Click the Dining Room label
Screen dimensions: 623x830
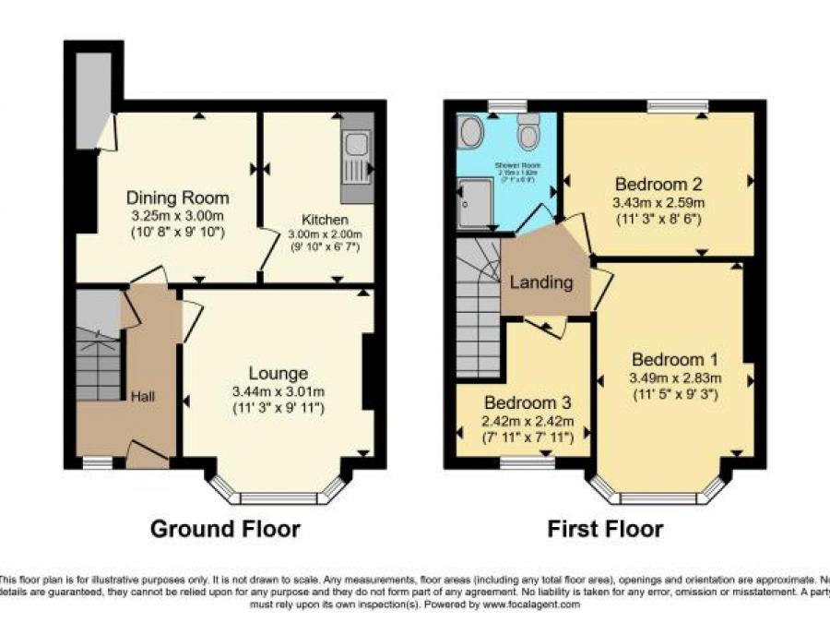click(x=177, y=198)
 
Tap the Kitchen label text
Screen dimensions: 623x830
click(x=324, y=220)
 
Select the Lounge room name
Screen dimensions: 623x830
click(x=278, y=374)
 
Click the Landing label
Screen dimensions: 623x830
click(x=541, y=282)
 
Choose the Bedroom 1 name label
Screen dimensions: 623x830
click(x=675, y=359)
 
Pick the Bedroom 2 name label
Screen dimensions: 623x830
click(x=659, y=183)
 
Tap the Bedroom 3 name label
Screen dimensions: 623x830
click(x=528, y=403)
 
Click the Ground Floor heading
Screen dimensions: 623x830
click(x=225, y=529)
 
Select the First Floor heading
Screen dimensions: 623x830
click(x=605, y=529)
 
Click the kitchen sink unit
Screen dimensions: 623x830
click(x=356, y=158)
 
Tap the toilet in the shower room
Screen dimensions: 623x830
click(x=528, y=136)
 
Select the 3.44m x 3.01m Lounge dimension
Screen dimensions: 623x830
click(x=278, y=391)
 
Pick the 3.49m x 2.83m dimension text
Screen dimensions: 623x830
click(x=675, y=377)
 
